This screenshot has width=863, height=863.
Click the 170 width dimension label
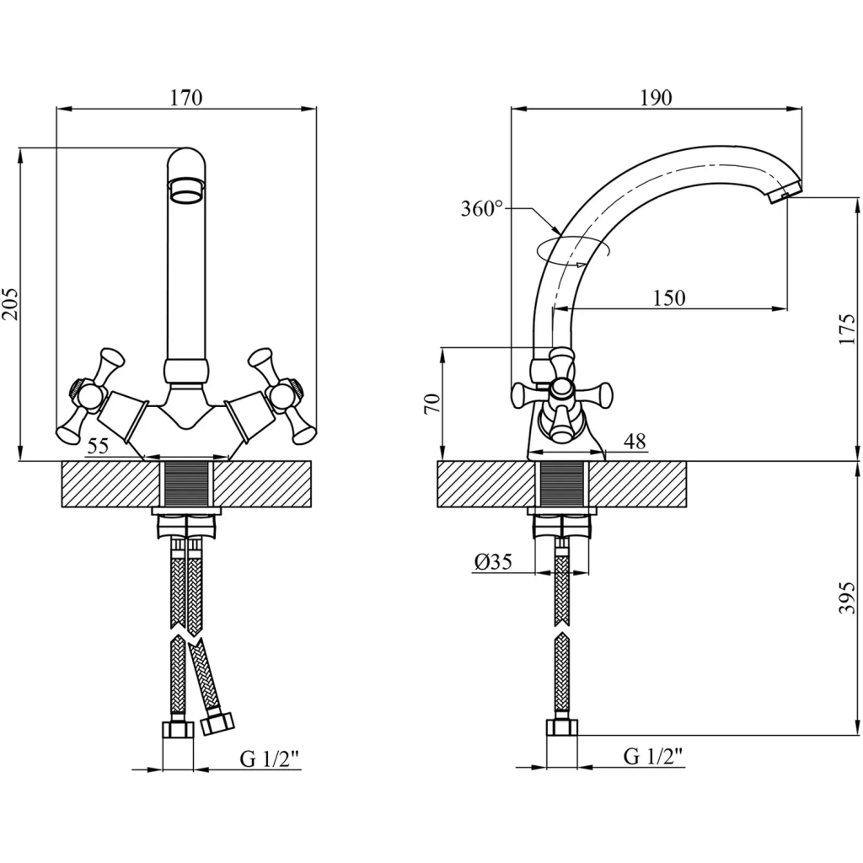point(186,98)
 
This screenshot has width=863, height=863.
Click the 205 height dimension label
point(10,303)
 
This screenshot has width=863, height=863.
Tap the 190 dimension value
point(656,98)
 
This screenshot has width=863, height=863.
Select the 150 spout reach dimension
point(669,297)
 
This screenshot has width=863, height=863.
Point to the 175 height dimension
point(848,329)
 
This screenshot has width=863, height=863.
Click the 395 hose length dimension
point(848,598)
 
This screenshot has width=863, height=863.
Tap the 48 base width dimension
point(635,441)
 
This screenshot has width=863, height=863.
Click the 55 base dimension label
point(98,446)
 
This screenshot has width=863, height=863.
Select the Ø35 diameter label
point(493,561)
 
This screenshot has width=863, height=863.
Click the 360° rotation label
point(481,209)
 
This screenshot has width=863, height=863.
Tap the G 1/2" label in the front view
point(269,759)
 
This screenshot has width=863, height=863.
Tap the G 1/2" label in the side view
point(653,756)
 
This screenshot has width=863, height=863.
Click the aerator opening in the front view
point(186,190)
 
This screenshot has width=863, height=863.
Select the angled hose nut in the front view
point(217,722)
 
